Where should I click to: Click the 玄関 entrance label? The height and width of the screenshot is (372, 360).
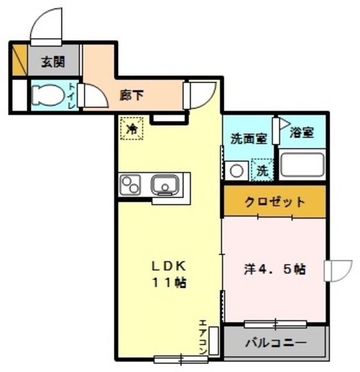tap(52, 62)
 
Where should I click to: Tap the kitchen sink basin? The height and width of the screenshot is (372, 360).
tap(165, 186)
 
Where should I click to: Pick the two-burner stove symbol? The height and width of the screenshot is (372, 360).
tap(131, 186)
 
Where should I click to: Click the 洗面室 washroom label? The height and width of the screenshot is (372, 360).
tap(248, 139)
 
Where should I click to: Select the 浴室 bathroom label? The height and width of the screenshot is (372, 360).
tap(302, 133)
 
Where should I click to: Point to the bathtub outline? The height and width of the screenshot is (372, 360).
tap(302, 165)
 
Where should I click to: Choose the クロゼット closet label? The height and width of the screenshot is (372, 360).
tap(274, 202)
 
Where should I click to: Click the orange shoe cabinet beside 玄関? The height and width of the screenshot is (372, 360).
tap(19, 60)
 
